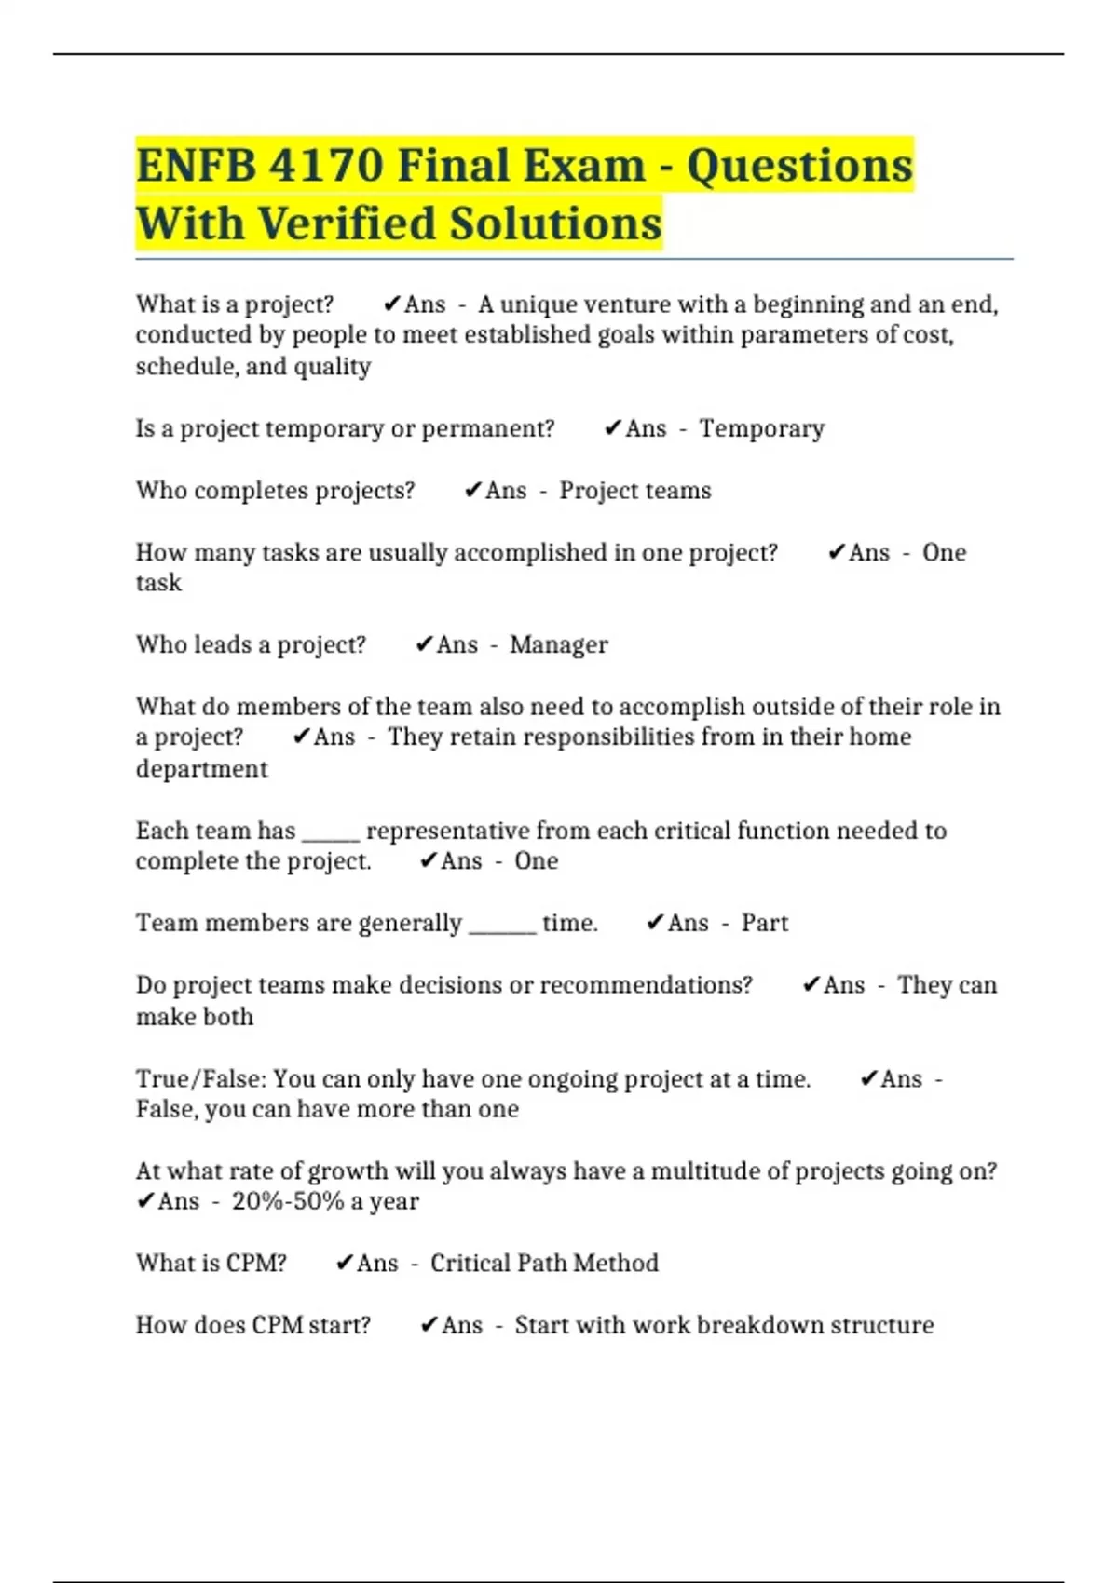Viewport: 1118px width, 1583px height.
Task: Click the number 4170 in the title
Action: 325,166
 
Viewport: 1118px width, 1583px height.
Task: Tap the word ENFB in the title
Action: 195,166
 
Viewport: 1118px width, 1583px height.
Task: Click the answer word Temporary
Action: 761,428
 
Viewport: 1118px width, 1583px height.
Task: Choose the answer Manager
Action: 558,644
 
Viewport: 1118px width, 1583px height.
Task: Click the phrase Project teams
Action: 634,491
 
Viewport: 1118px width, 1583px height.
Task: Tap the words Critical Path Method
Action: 544,1264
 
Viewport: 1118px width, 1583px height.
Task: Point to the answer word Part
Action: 764,923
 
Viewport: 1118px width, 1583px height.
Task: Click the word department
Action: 201,769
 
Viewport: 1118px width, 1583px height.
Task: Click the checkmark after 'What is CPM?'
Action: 344,1263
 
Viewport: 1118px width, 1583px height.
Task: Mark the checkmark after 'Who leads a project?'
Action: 424,644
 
